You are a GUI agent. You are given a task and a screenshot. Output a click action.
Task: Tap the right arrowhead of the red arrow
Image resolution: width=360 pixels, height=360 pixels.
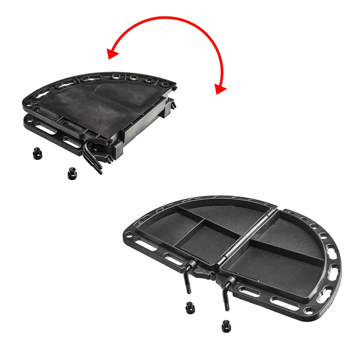[220, 89]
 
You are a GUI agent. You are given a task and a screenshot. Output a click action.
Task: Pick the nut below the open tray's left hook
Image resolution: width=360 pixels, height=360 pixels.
[190, 308]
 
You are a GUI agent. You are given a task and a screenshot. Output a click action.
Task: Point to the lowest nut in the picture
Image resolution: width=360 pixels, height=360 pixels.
[226, 326]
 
